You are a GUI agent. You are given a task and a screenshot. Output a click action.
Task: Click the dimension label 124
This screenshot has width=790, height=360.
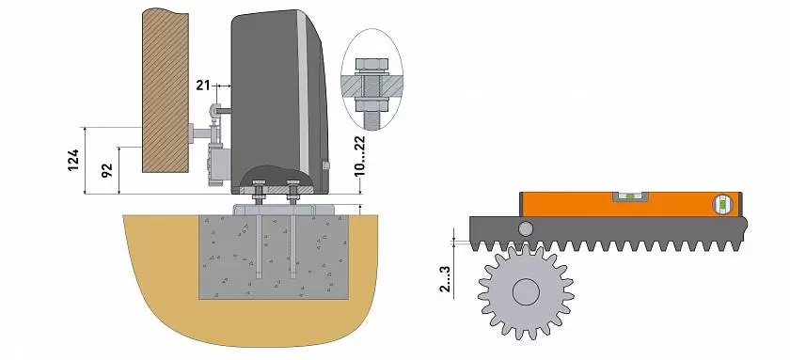coord(73,160)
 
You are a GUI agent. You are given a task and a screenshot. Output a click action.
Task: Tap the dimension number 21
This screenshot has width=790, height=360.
coord(202,86)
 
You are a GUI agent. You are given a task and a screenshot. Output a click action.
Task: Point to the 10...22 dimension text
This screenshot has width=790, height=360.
coord(359,157)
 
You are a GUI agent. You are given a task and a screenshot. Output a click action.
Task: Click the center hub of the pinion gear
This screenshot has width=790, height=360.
coord(526,292)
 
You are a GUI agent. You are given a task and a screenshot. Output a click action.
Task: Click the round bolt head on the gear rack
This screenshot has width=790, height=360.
coord(526,229)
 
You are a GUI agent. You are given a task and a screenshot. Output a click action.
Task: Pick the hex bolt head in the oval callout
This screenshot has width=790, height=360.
coord(371,65)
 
